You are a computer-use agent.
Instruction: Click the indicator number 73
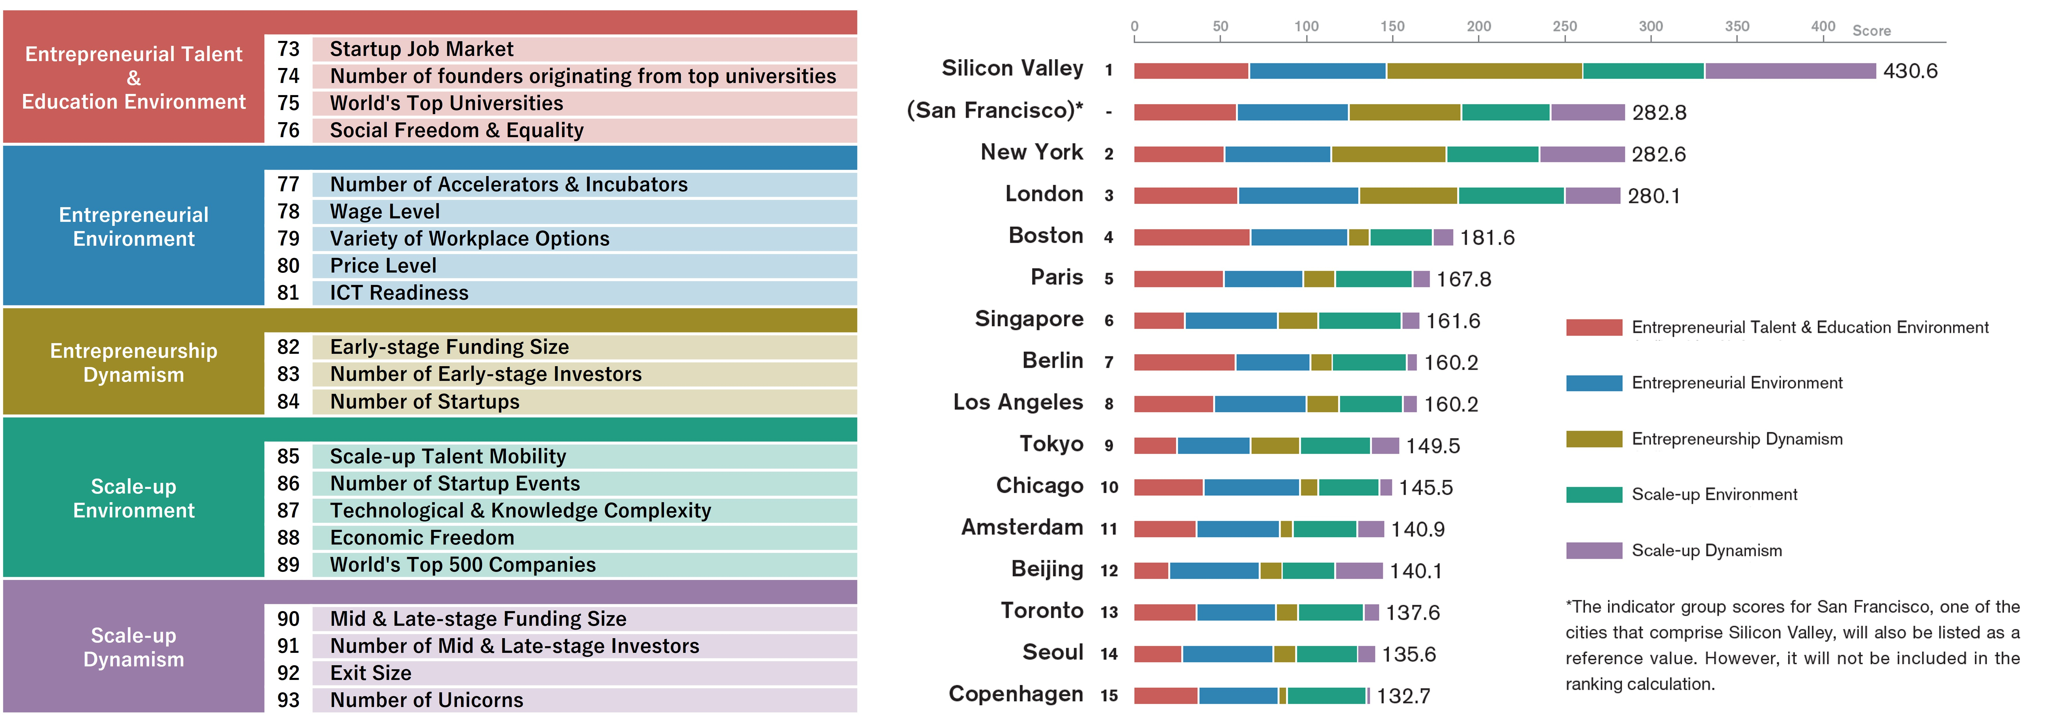pos(289,49)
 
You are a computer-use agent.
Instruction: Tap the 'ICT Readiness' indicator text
pos(399,293)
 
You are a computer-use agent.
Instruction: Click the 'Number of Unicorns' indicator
pos(426,700)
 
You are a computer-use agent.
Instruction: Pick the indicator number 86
pos(289,483)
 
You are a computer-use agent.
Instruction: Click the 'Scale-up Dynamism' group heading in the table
pos(134,647)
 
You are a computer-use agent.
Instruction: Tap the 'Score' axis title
pos(1871,31)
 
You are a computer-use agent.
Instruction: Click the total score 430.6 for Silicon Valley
pos(1910,71)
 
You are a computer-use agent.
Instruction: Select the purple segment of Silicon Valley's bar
pos(1790,71)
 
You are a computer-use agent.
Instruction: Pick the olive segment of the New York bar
pos(1388,154)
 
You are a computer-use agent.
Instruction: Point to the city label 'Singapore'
pos(1029,319)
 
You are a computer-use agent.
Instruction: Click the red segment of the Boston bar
pos(1192,237)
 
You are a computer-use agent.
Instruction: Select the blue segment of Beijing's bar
pos(1214,571)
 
